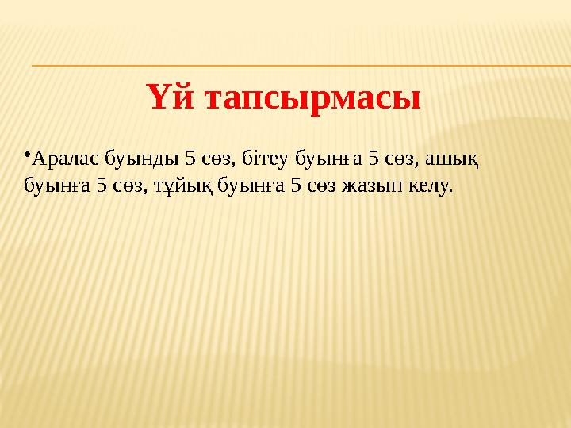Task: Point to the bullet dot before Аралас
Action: click(x=27, y=151)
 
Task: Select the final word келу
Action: click(x=429, y=187)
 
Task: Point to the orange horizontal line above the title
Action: click(x=301, y=65)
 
